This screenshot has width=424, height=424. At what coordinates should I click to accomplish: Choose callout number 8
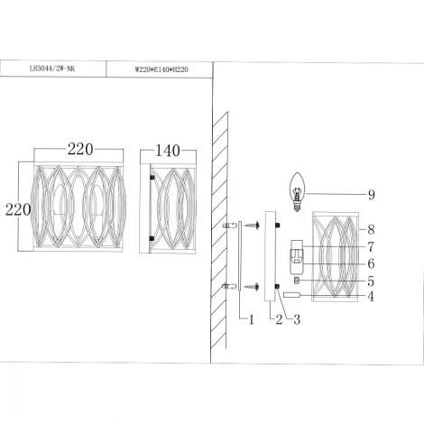(370, 230)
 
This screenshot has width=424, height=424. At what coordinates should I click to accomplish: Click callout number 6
(370, 263)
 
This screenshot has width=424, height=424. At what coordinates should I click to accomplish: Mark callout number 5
(370, 281)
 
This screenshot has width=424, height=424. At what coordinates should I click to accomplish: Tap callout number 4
(370, 295)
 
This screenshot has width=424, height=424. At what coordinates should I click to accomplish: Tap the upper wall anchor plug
(229, 225)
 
